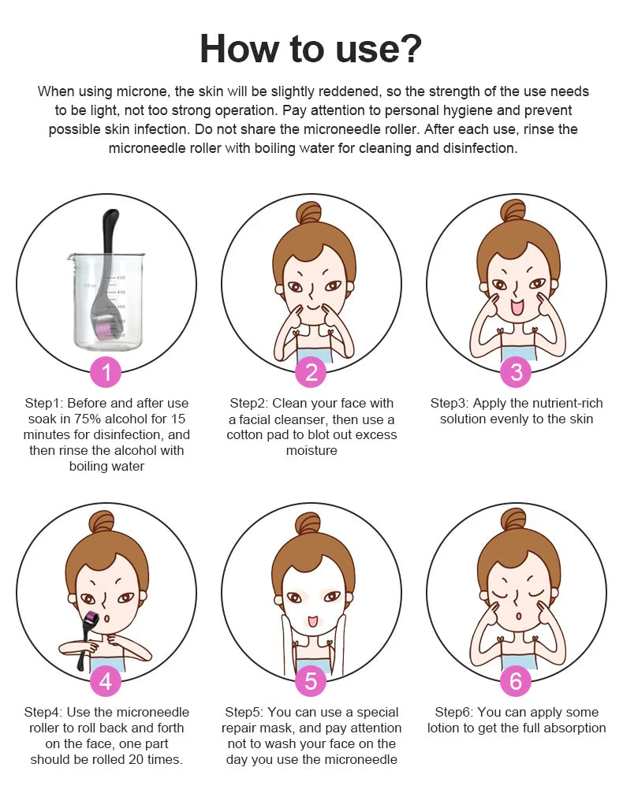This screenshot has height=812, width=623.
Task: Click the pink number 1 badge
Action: pos(106,372)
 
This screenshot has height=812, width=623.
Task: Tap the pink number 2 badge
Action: pos(311,372)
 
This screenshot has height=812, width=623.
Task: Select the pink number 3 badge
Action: pos(516,372)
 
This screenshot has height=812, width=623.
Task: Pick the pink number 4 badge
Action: pos(106,680)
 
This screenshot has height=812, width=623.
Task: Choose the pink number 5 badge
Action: pos(311,680)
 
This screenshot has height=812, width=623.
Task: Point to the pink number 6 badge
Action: pos(516,680)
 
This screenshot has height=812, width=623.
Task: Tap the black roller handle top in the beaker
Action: pos(111,220)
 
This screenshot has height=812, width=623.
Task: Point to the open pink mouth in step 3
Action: pos(517,307)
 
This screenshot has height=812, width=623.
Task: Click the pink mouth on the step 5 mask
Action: pos(311,621)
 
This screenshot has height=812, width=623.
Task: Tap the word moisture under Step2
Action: pos(311,450)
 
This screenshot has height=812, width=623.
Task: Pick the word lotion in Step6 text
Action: pos(443,728)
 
